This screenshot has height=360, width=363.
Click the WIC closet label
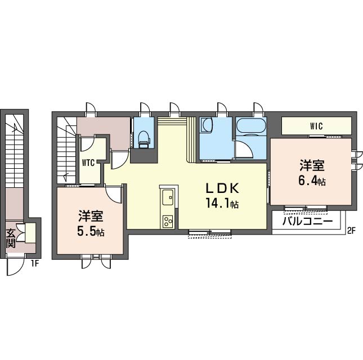pos(316,127)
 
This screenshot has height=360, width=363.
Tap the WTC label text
pos(88,163)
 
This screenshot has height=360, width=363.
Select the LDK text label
pos(222,188)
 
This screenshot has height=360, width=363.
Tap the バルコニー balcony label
pos(307,221)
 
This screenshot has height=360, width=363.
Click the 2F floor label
pos(351,231)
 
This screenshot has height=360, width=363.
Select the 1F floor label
pos(34,264)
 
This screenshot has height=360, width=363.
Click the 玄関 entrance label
pos(11,238)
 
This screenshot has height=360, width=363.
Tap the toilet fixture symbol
pos(144,139)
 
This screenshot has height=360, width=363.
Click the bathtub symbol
pos(250,127)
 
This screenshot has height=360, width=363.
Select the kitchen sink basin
pos(168,197)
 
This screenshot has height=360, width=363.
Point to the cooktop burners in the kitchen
pos(168,222)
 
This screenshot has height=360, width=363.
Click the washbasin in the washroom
pos(207,125)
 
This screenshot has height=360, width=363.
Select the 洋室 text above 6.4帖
pos(312,165)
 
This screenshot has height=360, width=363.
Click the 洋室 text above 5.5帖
pos(91,216)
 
